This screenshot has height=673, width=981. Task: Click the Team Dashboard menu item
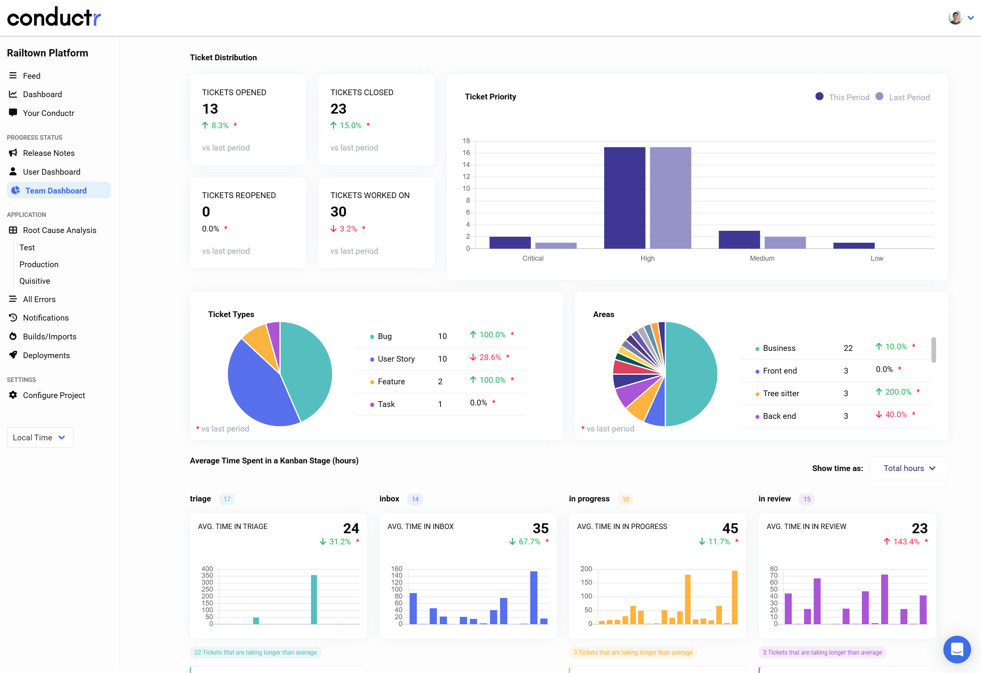(x=56, y=191)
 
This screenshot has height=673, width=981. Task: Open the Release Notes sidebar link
(x=48, y=153)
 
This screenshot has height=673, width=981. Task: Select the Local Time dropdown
(x=40, y=438)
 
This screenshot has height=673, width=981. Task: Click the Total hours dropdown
(x=908, y=468)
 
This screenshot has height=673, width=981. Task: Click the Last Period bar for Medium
(x=785, y=243)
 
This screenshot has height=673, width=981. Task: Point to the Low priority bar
(x=853, y=246)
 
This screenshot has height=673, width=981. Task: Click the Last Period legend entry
(x=908, y=98)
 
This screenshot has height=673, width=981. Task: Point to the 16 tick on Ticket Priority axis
(x=466, y=153)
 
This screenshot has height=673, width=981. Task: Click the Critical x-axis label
(x=533, y=258)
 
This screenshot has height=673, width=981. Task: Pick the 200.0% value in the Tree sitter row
(x=898, y=392)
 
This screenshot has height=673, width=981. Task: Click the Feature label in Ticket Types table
(x=391, y=382)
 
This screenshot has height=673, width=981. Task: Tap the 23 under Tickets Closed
(x=338, y=109)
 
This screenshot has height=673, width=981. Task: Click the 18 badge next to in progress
(x=625, y=499)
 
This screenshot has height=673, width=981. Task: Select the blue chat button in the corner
(x=956, y=649)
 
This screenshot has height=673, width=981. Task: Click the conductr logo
(x=54, y=17)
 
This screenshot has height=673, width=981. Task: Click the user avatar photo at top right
(x=955, y=18)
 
